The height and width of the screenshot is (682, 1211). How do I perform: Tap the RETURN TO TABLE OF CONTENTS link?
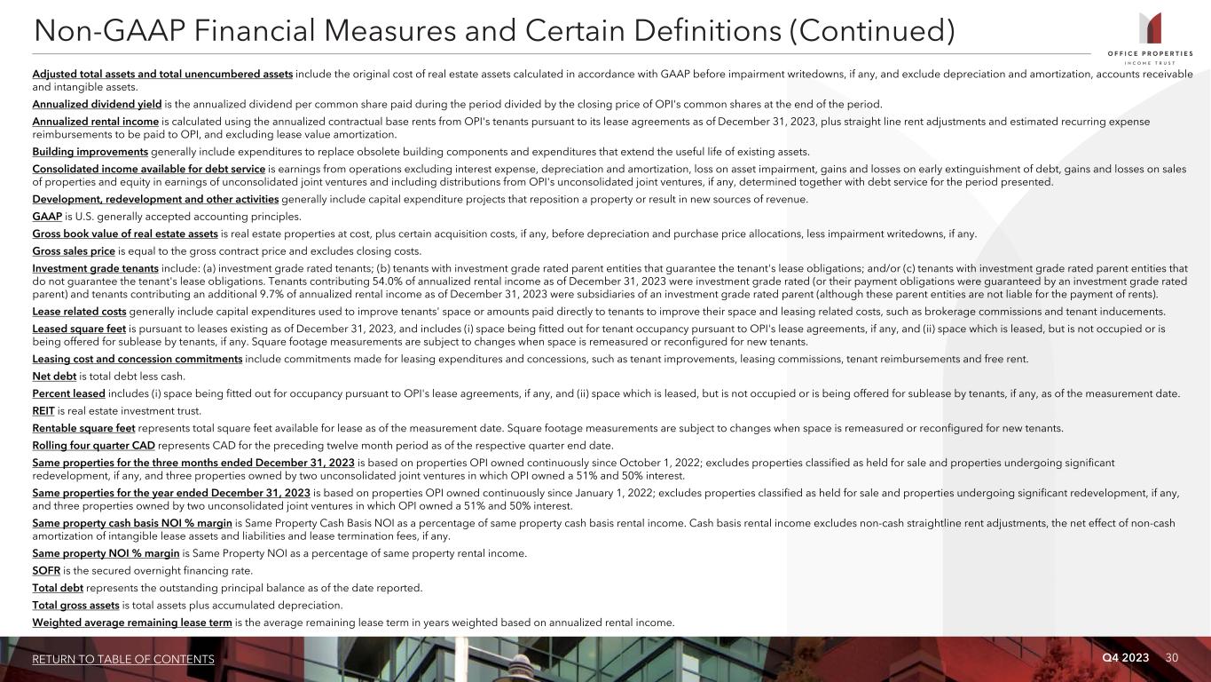coord(123,659)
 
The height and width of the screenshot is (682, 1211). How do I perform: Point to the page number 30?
coord(1172,657)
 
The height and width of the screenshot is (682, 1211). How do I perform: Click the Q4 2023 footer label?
coord(1125,657)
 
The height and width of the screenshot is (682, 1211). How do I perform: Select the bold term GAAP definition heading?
coord(47,216)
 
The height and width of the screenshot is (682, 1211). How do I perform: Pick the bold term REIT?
coord(43,411)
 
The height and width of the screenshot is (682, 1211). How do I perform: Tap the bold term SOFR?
coord(47,570)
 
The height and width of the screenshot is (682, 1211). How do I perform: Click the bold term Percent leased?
coord(68,393)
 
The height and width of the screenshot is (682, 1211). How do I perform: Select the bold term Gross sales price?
coord(74,250)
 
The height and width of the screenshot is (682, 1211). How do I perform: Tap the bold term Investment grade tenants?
coord(95,268)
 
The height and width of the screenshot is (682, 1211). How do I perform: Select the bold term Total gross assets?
coord(75,605)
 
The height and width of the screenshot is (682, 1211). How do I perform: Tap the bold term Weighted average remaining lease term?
coord(132,623)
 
